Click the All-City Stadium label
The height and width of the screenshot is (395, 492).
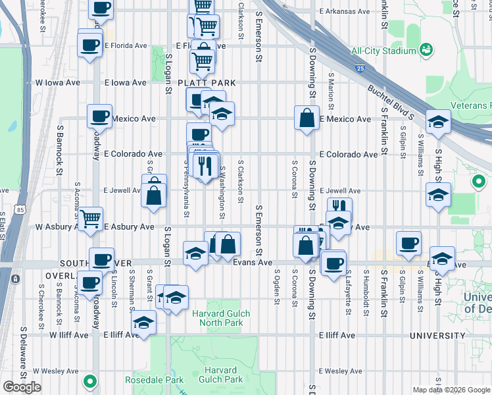[383, 51]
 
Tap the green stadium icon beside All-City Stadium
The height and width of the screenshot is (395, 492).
[426, 49]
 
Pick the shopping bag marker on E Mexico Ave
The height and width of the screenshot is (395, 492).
[307, 118]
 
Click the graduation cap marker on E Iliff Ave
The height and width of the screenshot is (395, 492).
[143, 323]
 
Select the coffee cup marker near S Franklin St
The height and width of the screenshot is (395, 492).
[408, 243]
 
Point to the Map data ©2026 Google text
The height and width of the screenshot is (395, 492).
[451, 390]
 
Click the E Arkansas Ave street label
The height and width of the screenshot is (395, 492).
[344, 12]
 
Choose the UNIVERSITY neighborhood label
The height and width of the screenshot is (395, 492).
[438, 335]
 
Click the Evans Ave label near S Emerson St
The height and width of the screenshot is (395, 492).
[253, 262]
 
